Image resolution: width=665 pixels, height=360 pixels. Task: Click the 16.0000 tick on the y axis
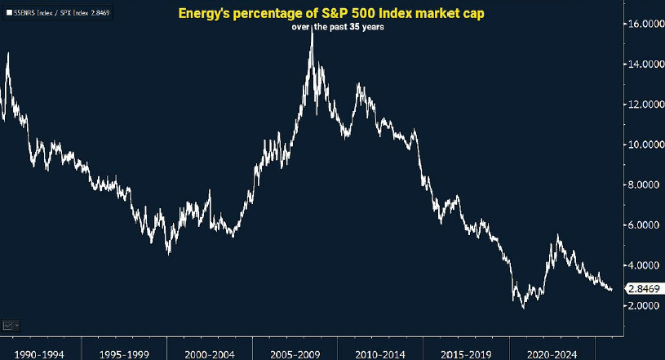coord(644,24)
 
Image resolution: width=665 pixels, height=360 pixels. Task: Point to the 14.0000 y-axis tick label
coord(644,64)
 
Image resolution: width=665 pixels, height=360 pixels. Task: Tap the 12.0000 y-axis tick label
coord(644,104)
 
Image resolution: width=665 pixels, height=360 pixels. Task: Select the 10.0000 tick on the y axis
coord(644,144)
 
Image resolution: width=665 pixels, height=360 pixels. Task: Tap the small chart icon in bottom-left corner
coord(10,324)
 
